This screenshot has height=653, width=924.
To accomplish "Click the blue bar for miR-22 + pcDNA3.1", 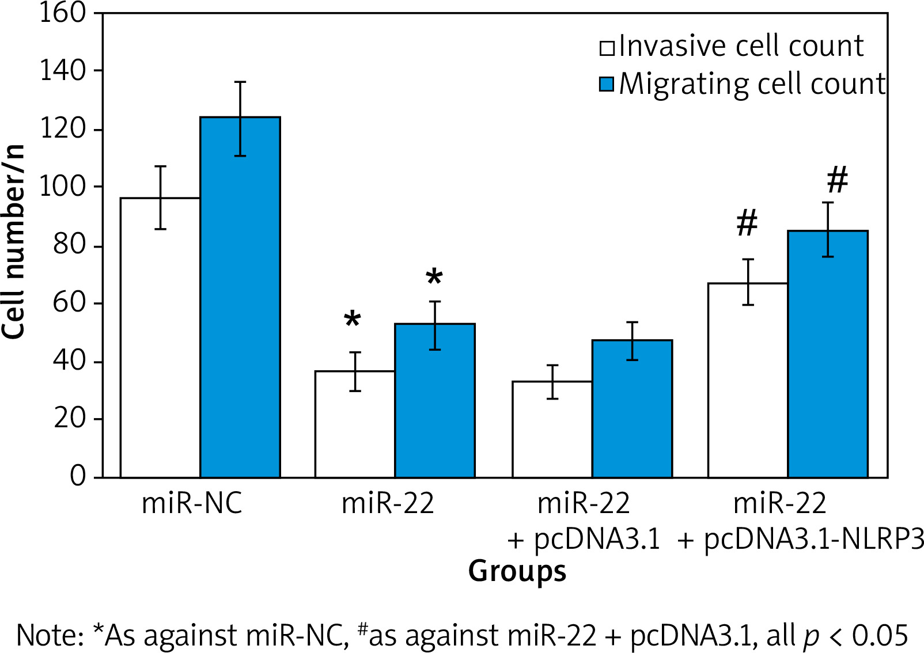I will [x=632, y=408].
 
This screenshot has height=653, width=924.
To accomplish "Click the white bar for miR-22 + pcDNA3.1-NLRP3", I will [x=748, y=380].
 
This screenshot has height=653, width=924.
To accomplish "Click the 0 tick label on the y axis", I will [x=78, y=476].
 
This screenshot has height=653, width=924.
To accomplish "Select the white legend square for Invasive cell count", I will [x=607, y=47].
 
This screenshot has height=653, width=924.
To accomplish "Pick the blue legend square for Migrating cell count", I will [x=607, y=84].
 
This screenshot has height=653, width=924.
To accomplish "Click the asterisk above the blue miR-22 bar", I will [x=434, y=278].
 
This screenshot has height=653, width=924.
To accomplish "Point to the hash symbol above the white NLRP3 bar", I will [x=747, y=223].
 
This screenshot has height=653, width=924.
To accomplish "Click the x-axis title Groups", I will [x=517, y=571].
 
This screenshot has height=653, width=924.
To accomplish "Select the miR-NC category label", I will [x=192, y=503].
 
